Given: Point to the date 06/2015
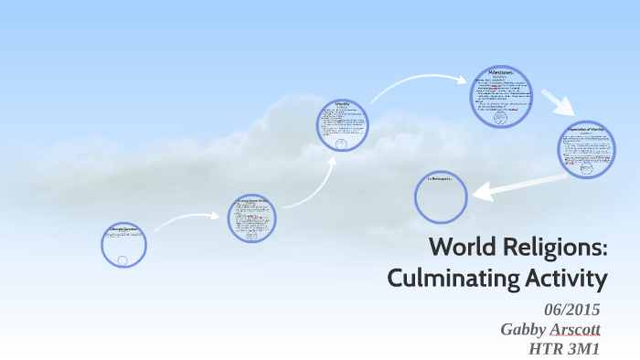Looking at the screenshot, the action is point(572,310).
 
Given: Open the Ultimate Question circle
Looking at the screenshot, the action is point(123,244).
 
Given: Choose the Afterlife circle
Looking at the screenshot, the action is point(342,124).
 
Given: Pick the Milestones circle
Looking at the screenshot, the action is point(500,96).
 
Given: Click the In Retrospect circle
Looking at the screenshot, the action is point(441,196).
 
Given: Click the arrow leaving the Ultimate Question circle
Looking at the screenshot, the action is point(183,219).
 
